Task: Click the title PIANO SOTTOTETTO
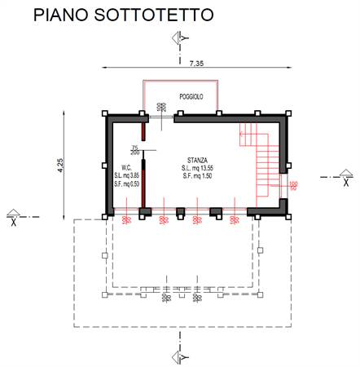click(124, 15)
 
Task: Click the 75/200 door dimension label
click(134, 149)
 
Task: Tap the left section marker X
click(13, 214)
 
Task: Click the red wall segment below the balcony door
click(143, 131)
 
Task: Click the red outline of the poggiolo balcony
click(181, 82)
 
